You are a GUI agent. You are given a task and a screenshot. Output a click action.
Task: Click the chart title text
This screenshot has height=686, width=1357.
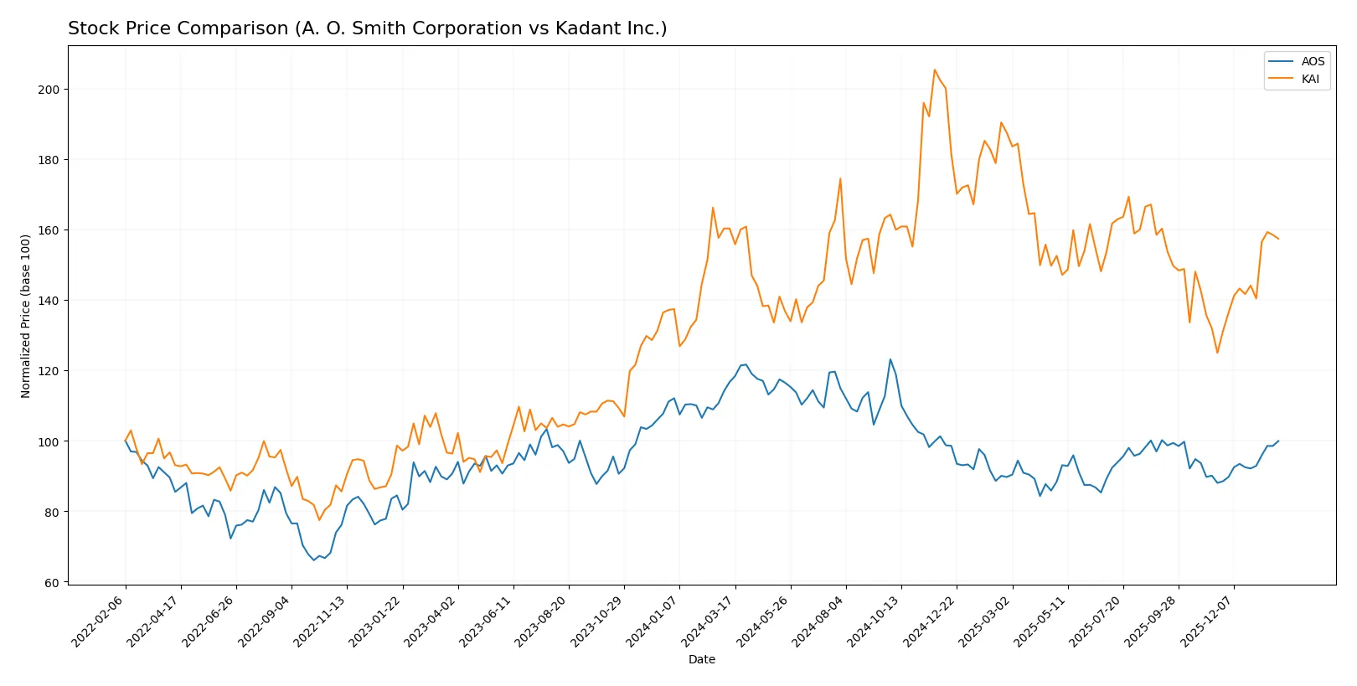point(367,28)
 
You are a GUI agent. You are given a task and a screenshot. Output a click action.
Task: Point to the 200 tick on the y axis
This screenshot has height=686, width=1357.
point(49,90)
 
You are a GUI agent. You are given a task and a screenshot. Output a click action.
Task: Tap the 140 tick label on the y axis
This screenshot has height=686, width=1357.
point(49,301)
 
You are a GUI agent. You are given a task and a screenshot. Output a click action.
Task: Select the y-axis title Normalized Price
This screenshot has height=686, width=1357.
point(26,316)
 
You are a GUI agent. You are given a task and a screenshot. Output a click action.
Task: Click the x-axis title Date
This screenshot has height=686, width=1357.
point(701,659)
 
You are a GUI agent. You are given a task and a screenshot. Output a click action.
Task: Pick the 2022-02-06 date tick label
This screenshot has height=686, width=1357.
point(99,621)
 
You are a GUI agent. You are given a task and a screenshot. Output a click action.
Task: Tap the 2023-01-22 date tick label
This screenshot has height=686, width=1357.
point(376,621)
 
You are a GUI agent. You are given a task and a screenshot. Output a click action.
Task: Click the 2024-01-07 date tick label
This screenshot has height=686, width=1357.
point(653,621)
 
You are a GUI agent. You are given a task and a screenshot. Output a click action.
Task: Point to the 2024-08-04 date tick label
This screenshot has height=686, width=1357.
point(819,621)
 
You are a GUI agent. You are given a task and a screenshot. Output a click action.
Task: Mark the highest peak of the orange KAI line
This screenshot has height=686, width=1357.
point(935,70)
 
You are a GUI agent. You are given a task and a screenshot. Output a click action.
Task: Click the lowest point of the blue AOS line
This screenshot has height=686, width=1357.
point(314,560)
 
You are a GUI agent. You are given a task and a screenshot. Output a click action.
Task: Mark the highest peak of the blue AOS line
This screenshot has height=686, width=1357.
point(890,359)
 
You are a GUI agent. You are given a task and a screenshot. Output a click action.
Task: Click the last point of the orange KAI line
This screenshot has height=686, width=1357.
point(1278,239)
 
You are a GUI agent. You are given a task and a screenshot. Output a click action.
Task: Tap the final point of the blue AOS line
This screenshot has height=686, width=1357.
point(1278,441)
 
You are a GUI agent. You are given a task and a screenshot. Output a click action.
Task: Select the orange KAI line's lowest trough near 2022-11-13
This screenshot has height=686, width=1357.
point(319,520)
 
